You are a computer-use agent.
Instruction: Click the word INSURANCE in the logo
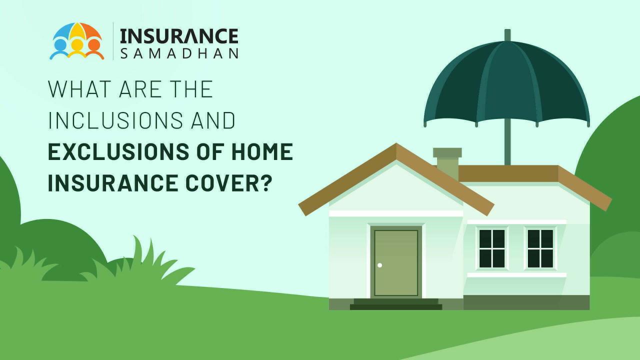[x=179, y=36]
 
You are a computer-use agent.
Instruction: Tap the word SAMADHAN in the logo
[x=179, y=53]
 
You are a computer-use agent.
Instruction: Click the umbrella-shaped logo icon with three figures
[x=77, y=41]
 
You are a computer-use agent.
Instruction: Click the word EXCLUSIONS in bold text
[x=114, y=152]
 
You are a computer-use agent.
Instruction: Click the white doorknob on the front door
[x=380, y=265]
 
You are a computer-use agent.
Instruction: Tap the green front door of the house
[x=396, y=262]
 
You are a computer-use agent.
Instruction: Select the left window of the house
[x=492, y=248]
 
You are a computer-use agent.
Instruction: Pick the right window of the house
[x=540, y=248]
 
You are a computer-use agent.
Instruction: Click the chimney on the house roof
[x=446, y=163]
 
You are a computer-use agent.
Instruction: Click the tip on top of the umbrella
[x=507, y=34]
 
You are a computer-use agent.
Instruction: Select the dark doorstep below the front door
[x=396, y=304]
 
